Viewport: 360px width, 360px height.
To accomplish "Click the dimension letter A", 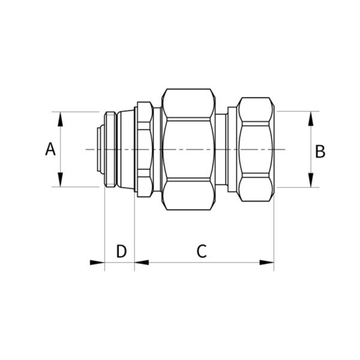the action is pos(50,149).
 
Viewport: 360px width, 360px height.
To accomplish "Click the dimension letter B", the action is pos(320,151).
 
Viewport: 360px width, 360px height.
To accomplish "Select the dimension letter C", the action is pos(202,251).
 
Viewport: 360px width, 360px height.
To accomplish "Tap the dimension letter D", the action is pos(121,251).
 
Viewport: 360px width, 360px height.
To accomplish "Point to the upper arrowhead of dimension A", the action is pos(60,119).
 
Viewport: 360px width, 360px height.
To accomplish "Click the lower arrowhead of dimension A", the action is pos(60,180).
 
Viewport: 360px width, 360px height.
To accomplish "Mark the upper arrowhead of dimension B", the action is pos(311,118).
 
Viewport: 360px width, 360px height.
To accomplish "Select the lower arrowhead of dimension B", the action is pos(311,180).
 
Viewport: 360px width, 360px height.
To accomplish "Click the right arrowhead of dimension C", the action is pos(267,262).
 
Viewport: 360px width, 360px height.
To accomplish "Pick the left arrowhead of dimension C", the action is pos(142,262).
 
